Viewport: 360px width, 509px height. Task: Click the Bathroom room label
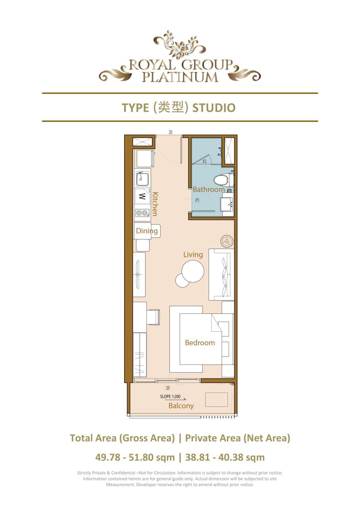click(x=208, y=190)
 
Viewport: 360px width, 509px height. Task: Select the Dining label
click(x=147, y=231)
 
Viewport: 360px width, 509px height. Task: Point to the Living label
click(x=193, y=254)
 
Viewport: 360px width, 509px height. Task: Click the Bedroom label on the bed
click(x=200, y=343)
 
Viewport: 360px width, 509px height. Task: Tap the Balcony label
click(x=181, y=406)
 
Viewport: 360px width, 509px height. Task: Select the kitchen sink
click(x=142, y=179)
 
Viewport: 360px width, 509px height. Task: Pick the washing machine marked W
click(x=142, y=196)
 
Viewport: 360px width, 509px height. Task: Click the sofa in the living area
click(x=221, y=275)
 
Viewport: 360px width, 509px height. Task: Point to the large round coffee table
click(x=193, y=270)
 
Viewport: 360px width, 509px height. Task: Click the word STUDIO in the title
click(x=214, y=108)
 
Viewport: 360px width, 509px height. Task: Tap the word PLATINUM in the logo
click(x=180, y=77)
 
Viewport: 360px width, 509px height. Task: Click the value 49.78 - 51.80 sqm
click(x=135, y=457)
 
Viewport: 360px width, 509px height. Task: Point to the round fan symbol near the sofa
click(x=227, y=241)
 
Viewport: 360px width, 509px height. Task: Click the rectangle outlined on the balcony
click(x=216, y=400)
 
